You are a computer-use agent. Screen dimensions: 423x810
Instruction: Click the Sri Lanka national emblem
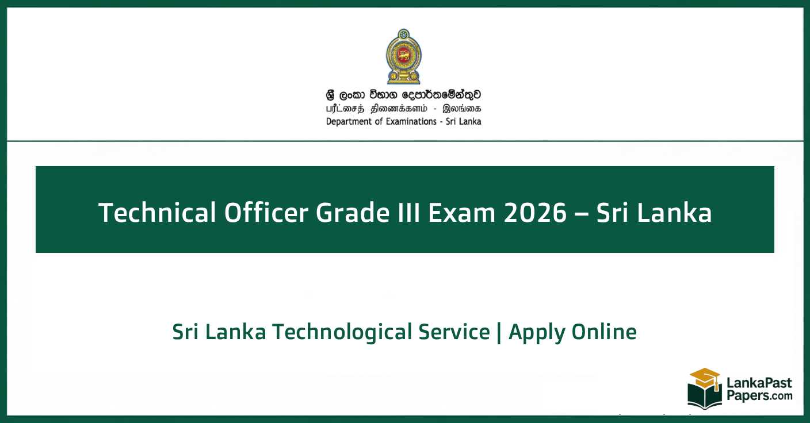click(x=403, y=57)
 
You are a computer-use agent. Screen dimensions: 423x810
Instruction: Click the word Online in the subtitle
click(x=604, y=332)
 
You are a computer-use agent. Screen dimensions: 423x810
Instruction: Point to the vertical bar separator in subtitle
click(x=499, y=333)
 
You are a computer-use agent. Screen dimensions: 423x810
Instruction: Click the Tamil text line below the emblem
click(x=403, y=109)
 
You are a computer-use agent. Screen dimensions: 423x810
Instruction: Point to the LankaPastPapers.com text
click(x=758, y=390)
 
